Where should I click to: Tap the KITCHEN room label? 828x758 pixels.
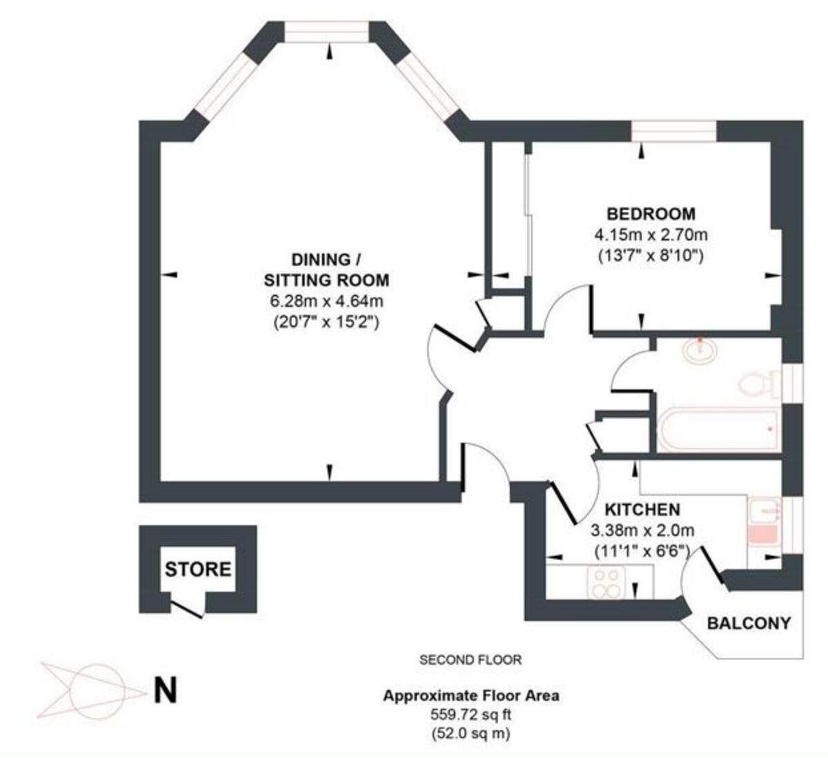tap(642, 510)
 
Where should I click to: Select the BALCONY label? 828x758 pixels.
tap(749, 623)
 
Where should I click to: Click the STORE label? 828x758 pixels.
tap(198, 569)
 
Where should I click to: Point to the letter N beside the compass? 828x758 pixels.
tap(164, 690)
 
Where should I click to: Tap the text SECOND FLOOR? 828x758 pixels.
tap(471, 660)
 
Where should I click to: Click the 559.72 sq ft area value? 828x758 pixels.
tap(471, 715)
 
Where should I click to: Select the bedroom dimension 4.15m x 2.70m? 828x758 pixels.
tap(651, 235)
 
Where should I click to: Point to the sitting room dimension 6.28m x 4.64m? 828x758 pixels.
tap(326, 301)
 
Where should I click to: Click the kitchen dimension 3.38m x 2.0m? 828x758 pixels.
tap(642, 531)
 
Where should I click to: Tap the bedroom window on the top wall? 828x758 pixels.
tap(674, 131)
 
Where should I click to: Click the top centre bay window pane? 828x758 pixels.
tap(327, 32)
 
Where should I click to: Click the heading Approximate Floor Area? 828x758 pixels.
tap(471, 695)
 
